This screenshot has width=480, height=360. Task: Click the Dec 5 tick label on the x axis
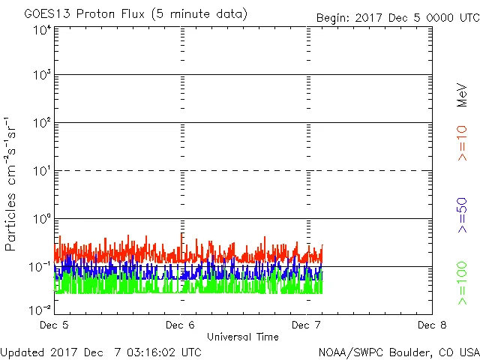[55, 325]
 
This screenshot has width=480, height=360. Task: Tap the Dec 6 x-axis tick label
[181, 325]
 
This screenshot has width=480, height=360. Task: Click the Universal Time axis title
[243, 337]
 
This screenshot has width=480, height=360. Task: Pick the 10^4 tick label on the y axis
[42, 31]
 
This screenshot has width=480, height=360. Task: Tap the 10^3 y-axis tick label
[42, 76]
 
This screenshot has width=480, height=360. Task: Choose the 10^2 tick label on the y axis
[42, 123]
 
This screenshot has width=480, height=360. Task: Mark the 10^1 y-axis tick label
[42, 171]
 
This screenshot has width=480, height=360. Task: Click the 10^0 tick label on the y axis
[42, 219]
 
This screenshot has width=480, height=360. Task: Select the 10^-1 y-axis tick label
[40, 267]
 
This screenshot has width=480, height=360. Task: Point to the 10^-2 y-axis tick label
[40, 309]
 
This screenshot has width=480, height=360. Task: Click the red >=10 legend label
[462, 142]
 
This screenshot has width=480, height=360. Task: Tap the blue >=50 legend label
[462, 214]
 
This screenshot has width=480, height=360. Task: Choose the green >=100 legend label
[462, 283]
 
